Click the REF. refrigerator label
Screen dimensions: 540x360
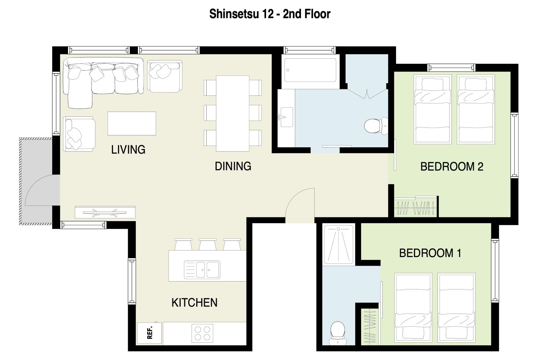point(150,333)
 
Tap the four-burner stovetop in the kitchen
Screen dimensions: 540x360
point(202,333)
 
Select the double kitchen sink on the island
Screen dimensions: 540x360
point(202,270)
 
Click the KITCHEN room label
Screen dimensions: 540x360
point(194,303)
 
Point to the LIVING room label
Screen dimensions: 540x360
point(128,149)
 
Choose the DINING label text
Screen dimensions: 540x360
point(233,166)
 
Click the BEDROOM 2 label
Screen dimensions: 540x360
point(452,167)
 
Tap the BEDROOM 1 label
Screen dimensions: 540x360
point(430,253)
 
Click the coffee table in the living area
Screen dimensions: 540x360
point(132,123)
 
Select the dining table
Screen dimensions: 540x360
point(233,113)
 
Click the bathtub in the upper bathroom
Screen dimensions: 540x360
point(310,70)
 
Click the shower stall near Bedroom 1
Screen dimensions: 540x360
point(338,244)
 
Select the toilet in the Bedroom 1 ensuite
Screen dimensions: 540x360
point(338,333)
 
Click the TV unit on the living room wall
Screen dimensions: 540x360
point(105,212)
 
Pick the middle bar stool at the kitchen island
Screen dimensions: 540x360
point(208,244)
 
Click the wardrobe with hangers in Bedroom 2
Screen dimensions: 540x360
point(415,207)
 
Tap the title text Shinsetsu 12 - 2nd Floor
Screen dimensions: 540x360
point(270,14)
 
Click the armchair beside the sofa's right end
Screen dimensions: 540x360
point(165,76)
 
